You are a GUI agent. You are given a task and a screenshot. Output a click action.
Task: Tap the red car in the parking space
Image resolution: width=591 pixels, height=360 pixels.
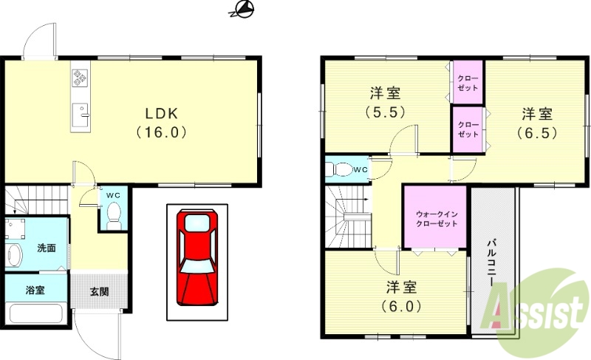point(197,257)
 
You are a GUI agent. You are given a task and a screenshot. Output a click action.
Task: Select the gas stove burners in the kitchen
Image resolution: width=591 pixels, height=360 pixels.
point(80,76)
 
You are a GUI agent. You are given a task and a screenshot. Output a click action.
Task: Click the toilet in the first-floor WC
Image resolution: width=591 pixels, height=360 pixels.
point(114,214)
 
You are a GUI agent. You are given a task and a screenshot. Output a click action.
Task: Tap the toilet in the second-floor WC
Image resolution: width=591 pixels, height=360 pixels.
point(341,169)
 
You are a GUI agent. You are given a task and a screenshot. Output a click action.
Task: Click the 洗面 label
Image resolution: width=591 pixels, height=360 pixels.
point(47,248)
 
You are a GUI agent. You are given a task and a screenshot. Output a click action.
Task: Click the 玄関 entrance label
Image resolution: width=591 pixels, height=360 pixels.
point(100,291)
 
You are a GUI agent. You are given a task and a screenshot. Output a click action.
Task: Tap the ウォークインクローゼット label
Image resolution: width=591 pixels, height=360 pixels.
point(436,217)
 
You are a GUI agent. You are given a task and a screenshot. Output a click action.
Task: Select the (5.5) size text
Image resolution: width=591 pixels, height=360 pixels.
point(385,112)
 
